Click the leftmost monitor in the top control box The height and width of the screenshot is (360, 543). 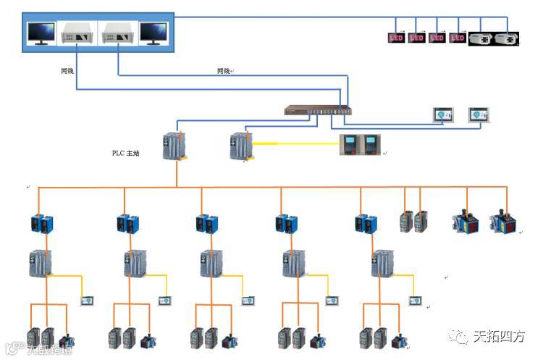(x=41, y=33)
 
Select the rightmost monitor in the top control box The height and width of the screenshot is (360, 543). (x=153, y=33)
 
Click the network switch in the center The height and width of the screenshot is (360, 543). (x=318, y=111)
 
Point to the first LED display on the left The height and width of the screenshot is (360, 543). (x=395, y=38)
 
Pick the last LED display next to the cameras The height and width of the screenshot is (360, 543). (x=457, y=38)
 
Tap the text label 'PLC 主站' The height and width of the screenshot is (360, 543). (x=125, y=154)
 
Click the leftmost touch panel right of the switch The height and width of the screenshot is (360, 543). (x=442, y=114)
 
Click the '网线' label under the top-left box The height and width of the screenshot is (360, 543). (x=67, y=71)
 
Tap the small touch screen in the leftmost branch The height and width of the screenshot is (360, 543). (x=88, y=299)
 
